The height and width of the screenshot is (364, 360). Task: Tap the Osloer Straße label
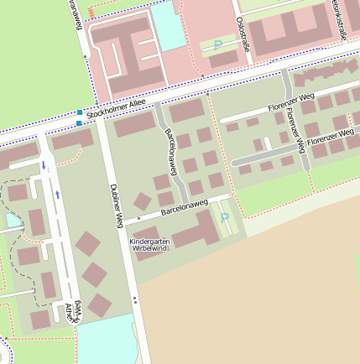pos(243,34)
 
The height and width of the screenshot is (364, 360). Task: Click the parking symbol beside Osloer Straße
pos(218,44)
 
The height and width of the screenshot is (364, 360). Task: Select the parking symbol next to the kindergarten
pos(225,217)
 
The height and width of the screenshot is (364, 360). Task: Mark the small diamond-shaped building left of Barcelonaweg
pos(143,200)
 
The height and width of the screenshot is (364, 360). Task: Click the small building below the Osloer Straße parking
pos(223,60)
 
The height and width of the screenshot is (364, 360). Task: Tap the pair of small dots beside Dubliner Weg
pos(134,299)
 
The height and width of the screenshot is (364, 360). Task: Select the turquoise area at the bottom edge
pos(107,341)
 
